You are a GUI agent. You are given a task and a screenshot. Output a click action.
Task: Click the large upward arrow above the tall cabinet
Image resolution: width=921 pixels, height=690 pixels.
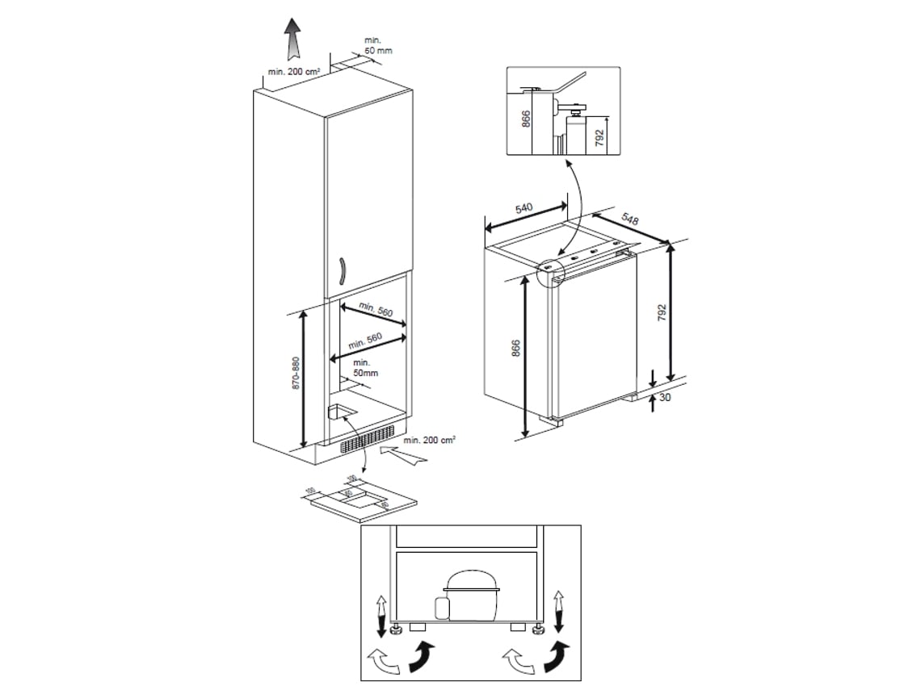click(x=292, y=39)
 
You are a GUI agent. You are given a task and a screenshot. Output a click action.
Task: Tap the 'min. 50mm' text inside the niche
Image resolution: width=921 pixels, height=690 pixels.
click(x=364, y=368)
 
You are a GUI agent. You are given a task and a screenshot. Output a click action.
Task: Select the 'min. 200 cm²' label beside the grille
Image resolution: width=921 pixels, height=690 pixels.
click(x=429, y=440)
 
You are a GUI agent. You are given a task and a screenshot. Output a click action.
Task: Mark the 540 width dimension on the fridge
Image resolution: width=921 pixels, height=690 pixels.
click(x=524, y=209)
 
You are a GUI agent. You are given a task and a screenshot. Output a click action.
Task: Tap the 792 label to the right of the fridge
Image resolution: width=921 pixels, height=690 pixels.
click(x=662, y=313)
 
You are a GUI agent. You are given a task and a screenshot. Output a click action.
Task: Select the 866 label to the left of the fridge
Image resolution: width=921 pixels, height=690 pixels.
click(x=516, y=349)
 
